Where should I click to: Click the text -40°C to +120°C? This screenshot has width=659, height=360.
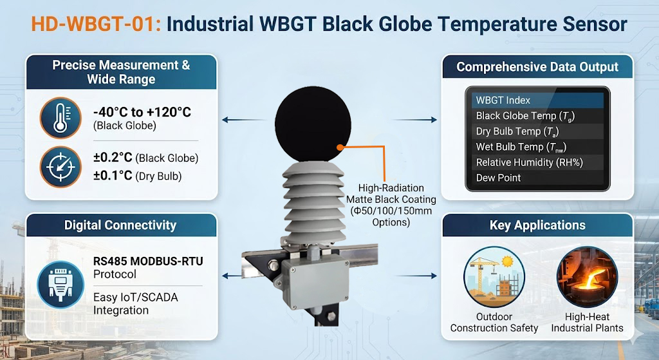pyautogui.click(x=142, y=112)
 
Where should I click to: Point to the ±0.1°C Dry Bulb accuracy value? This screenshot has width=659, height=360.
pyautogui.click(x=145, y=176)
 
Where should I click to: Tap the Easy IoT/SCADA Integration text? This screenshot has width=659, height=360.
pyautogui.click(x=135, y=304)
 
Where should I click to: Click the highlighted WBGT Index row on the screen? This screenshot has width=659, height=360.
pyautogui.click(x=537, y=100)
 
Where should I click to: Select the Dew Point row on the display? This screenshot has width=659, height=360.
pyautogui.click(x=537, y=178)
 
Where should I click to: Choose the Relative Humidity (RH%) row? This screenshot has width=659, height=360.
pyautogui.click(x=537, y=162)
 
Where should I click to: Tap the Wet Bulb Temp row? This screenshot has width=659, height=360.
pyautogui.click(x=537, y=147)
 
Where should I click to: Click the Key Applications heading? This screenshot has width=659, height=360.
pyautogui.click(x=537, y=225)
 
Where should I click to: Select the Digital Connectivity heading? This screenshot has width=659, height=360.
pyautogui.click(x=120, y=225)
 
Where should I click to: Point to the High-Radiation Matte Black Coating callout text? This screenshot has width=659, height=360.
pyautogui.click(x=383, y=199)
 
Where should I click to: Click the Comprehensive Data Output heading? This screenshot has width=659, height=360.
pyautogui.click(x=537, y=67)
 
